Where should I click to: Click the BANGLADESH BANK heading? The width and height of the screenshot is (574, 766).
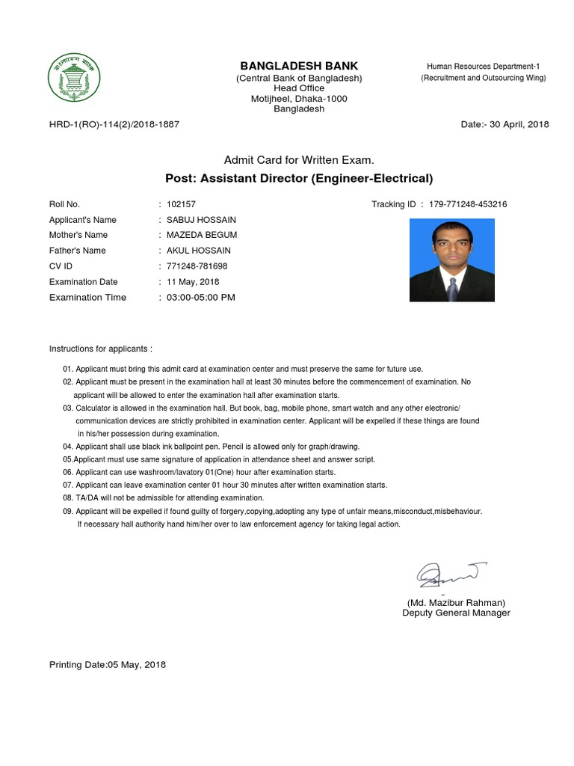pyautogui.click(x=298, y=66)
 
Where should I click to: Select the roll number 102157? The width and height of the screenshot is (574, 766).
pyautogui.click(x=182, y=204)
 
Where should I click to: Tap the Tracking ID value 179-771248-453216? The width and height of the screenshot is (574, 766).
pyautogui.click(x=469, y=204)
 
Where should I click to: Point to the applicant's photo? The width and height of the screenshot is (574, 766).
pyautogui.click(x=451, y=260)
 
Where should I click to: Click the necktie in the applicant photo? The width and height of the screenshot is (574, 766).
pyautogui.click(x=452, y=289)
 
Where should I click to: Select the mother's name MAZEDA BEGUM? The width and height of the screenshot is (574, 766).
pyautogui.click(x=201, y=235)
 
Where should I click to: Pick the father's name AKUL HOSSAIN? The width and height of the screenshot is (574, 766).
pyautogui.click(x=198, y=251)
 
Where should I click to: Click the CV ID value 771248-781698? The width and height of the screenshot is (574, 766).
pyautogui.click(x=197, y=266)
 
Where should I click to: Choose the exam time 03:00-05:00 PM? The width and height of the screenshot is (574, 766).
pyautogui.click(x=200, y=298)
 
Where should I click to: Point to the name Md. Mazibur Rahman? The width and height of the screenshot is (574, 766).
pyautogui.click(x=456, y=602)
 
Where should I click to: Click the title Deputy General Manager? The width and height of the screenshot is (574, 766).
pyautogui.click(x=456, y=613)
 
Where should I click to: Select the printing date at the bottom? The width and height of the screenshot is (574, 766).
pyautogui.click(x=108, y=664)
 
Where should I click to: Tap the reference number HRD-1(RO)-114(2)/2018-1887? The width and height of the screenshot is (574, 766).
pyautogui.click(x=114, y=124)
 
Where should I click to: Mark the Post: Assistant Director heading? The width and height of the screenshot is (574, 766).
pyautogui.click(x=298, y=178)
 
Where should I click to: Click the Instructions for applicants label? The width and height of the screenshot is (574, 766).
pyautogui.click(x=101, y=349)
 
